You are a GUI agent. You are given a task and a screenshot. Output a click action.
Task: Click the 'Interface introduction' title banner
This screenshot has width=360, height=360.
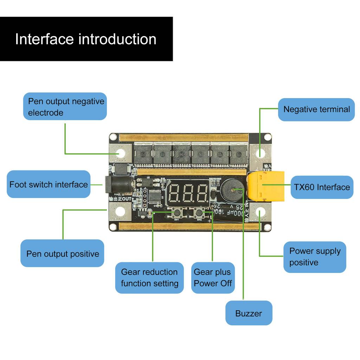[x=86, y=39]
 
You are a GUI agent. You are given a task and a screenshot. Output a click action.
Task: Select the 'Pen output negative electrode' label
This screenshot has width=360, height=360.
[x=65, y=107]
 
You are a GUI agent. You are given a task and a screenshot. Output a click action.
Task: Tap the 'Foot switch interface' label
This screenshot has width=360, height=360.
[x=49, y=185]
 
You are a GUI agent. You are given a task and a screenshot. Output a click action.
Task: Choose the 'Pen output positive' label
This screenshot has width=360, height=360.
[x=63, y=253]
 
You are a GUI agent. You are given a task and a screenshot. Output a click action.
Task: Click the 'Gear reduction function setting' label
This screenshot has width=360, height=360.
[x=149, y=277]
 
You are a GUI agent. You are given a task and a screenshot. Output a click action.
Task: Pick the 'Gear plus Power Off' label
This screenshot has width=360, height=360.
[x=213, y=277]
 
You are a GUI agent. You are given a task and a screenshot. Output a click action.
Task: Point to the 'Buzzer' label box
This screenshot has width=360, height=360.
[x=249, y=313]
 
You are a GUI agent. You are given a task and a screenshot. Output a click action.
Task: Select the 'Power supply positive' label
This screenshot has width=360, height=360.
[x=315, y=257]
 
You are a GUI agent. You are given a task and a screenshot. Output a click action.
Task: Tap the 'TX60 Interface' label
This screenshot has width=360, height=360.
[x=322, y=187]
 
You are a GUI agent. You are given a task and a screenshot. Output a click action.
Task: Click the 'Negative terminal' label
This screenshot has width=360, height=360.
[x=316, y=109]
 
